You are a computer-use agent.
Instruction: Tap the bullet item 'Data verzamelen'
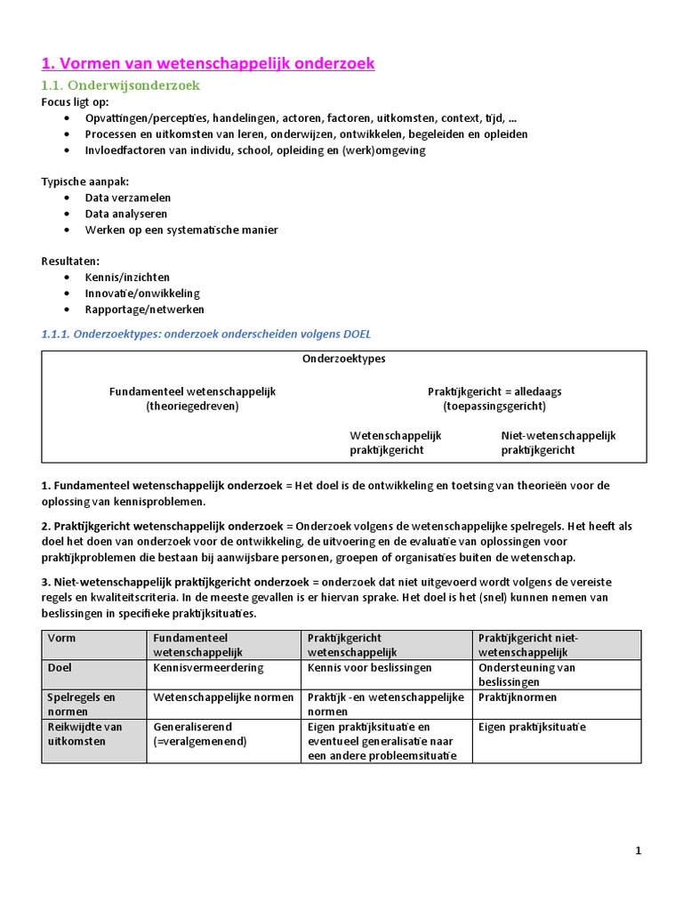pyautogui.click(x=128, y=198)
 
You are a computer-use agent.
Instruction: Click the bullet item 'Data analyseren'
pyautogui.click(x=126, y=214)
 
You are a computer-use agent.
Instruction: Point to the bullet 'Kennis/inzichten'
pyautogui.click(x=127, y=278)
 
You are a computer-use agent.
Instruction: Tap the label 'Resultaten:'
pyautogui.click(x=70, y=262)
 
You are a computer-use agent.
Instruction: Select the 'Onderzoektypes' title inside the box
pyautogui.click(x=343, y=359)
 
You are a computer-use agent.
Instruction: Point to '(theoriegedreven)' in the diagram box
pyautogui.click(x=193, y=406)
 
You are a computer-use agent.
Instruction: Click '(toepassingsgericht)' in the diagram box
pyautogui.click(x=494, y=406)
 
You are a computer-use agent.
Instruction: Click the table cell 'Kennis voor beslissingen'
pyautogui.click(x=370, y=667)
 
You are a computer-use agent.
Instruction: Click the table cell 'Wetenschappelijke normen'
pyautogui.click(x=223, y=697)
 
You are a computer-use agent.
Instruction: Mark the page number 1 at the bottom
pyautogui.click(x=638, y=851)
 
